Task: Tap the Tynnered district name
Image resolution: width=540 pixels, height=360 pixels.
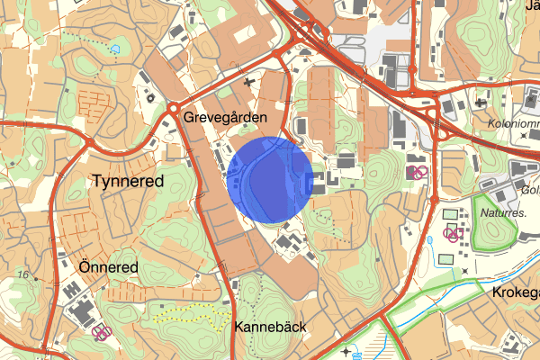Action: tap(128, 181)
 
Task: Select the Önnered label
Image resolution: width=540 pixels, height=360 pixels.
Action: tap(107, 267)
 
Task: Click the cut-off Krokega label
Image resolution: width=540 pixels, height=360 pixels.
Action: tap(515, 293)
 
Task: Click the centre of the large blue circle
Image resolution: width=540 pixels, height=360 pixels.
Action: tap(270, 179)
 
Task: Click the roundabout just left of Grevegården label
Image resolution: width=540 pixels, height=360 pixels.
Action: tap(171, 109)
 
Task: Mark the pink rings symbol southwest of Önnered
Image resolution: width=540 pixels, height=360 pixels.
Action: tap(102, 333)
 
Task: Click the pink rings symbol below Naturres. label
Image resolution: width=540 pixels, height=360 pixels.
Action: tap(455, 235)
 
